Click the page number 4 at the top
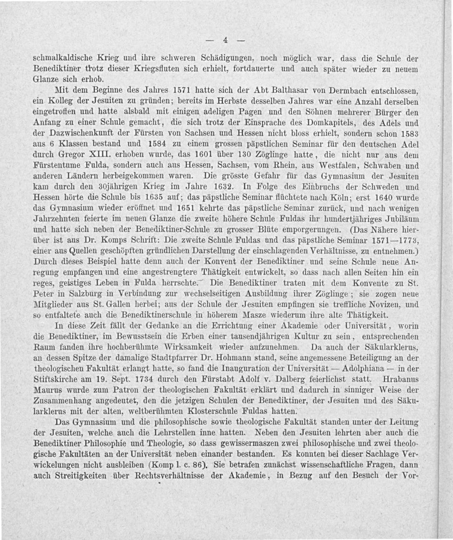tap(224, 40)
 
